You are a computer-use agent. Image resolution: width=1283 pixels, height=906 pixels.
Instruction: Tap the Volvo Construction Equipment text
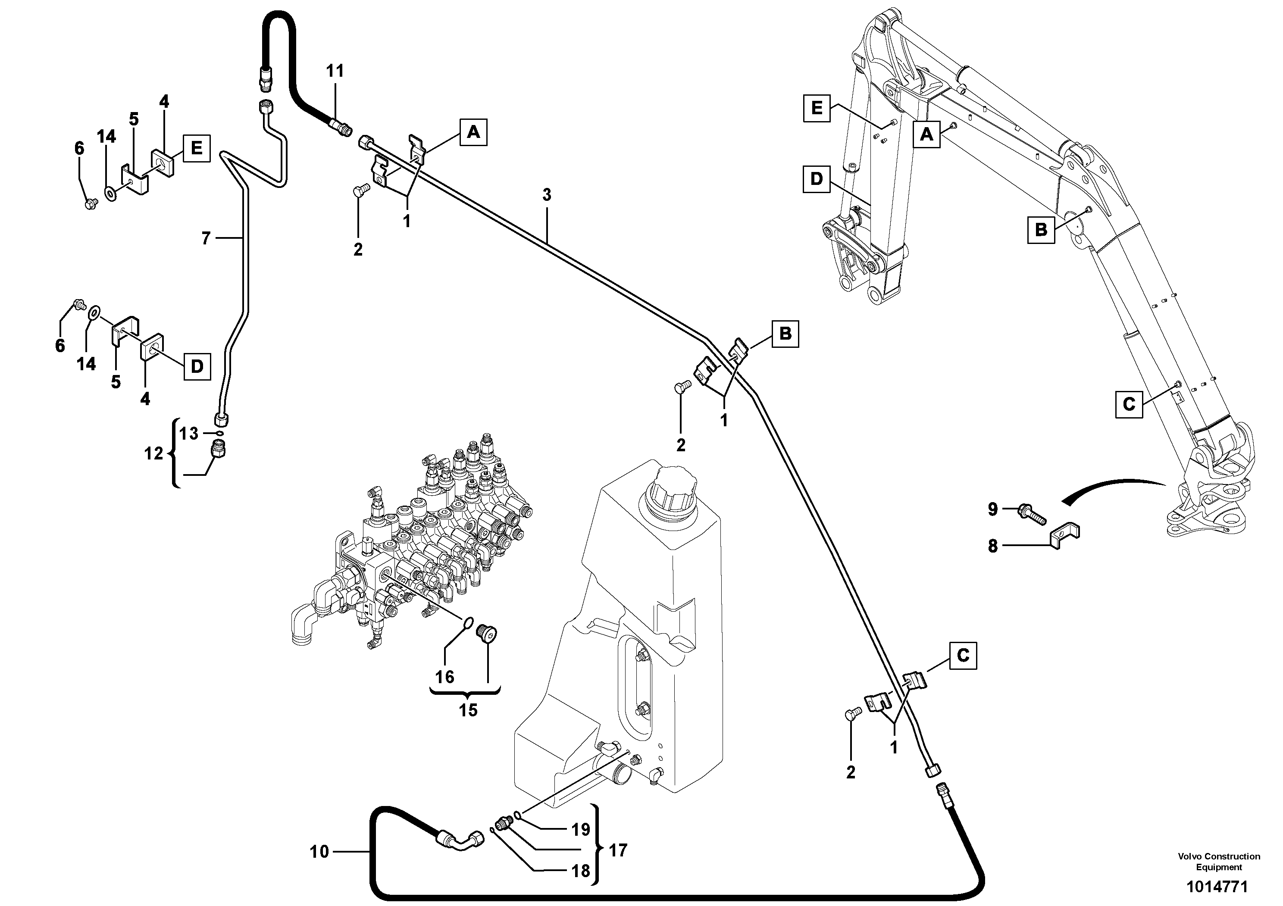[x=1219, y=861]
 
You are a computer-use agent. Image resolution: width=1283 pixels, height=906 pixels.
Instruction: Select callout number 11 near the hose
[x=335, y=71]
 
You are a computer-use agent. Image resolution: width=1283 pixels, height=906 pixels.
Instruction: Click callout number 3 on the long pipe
[x=547, y=195]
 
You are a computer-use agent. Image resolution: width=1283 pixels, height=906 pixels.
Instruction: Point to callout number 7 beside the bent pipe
[x=206, y=238]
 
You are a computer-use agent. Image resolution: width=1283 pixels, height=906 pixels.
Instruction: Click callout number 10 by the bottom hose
[x=319, y=852]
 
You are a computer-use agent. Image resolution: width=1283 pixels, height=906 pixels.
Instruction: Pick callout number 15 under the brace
[x=468, y=710]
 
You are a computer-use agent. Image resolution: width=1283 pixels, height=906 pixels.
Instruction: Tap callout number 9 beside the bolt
[x=992, y=509]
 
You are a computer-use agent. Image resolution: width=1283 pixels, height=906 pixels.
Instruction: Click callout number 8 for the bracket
[x=992, y=546]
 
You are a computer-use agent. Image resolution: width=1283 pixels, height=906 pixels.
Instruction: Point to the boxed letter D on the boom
[x=817, y=179]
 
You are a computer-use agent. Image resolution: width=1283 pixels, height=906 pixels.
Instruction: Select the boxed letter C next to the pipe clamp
[x=963, y=655]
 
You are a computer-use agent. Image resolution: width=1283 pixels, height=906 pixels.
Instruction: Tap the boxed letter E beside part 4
[x=196, y=148]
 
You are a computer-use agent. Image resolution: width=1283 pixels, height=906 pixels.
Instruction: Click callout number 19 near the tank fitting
[x=581, y=829]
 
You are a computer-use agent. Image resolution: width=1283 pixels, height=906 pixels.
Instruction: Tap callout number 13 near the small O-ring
[x=189, y=434]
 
